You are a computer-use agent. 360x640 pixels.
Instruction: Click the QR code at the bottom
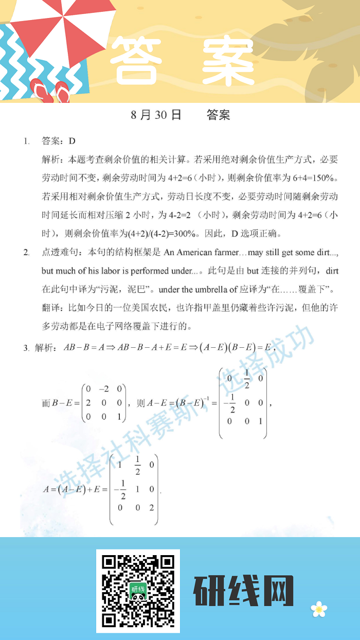[x=138, y=591]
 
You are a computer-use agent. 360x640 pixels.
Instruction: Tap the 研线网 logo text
[x=243, y=591]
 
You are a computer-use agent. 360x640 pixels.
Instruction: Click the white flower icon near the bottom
[x=319, y=609]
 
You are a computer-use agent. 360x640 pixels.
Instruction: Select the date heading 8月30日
[x=156, y=115]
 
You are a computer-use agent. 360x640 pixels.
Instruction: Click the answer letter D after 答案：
[x=72, y=141]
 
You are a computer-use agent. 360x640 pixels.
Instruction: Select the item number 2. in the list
[x=26, y=253]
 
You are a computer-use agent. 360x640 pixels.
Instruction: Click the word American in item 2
[x=191, y=253]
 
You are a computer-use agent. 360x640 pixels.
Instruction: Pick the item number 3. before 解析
[x=26, y=348]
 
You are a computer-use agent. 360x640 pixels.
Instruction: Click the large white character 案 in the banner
[x=228, y=60]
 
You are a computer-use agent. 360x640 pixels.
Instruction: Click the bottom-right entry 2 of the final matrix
[x=152, y=508]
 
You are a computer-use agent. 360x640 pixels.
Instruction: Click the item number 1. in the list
[x=26, y=141]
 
